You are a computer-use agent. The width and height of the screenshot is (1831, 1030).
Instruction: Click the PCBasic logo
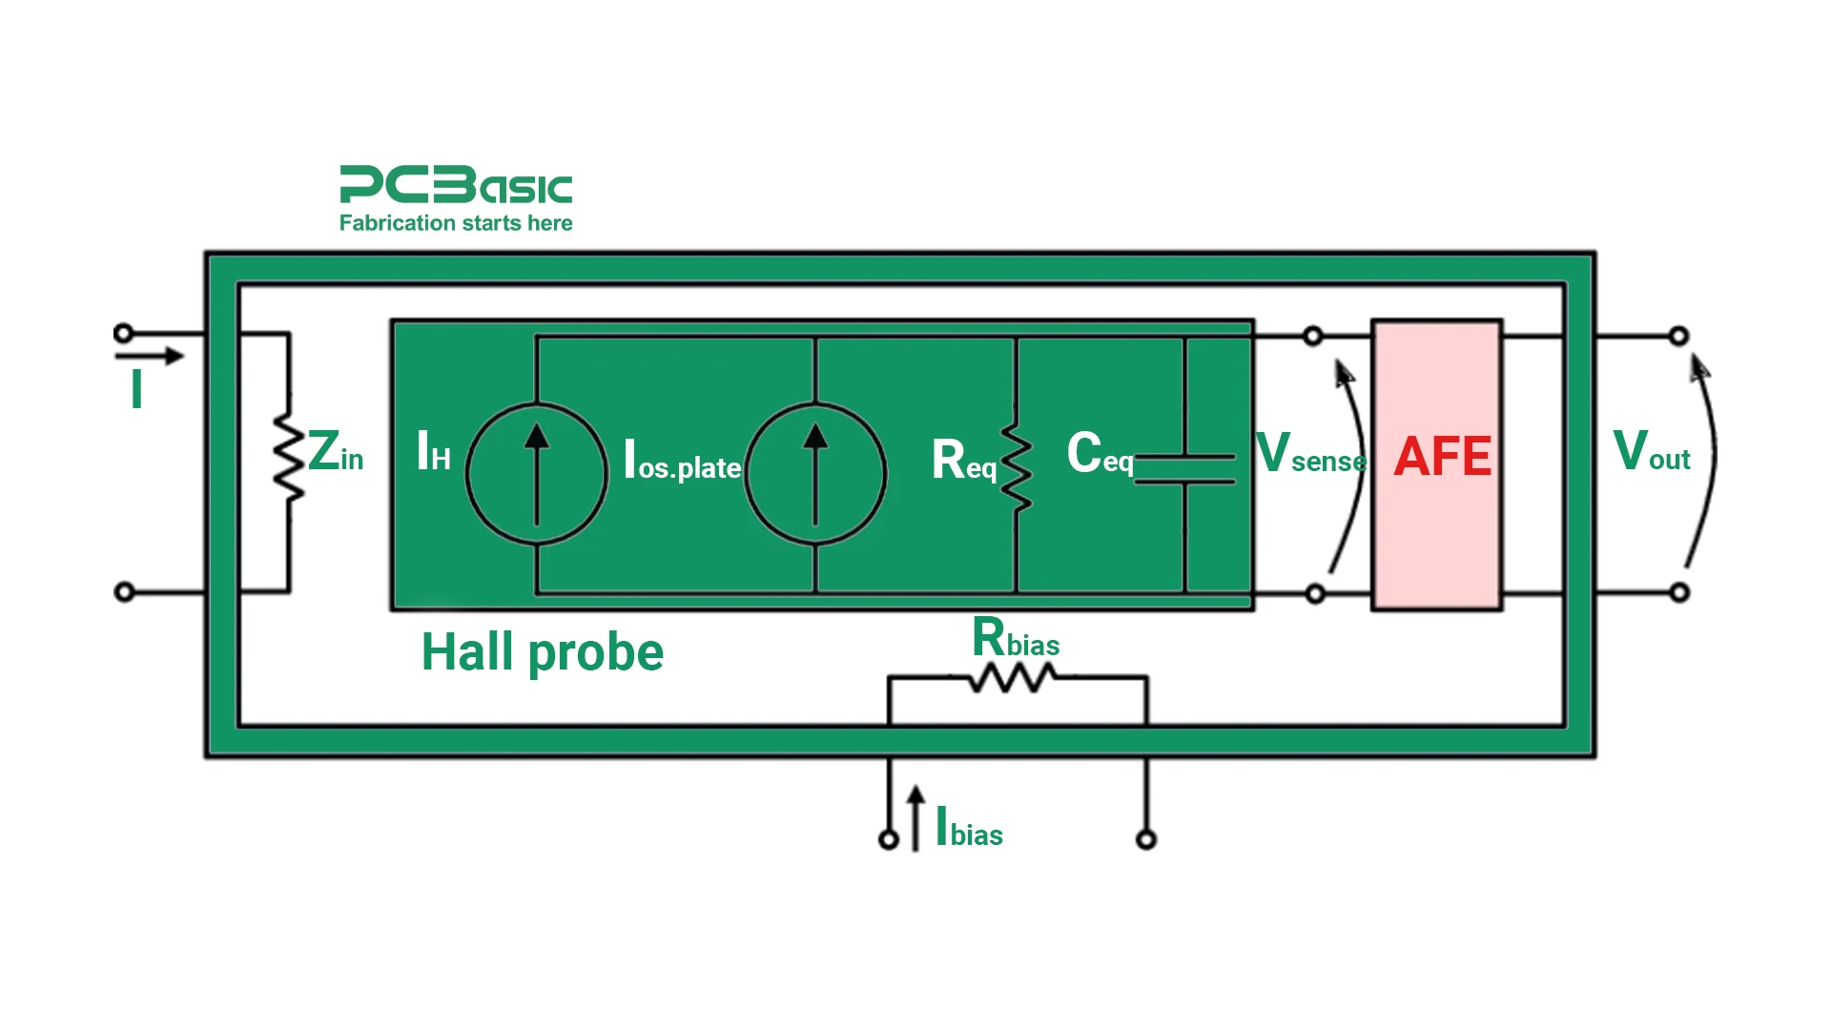tap(456, 185)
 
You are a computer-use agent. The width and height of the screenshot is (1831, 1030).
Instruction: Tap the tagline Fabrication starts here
tap(456, 223)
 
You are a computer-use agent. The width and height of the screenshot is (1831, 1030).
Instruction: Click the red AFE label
tap(1442, 457)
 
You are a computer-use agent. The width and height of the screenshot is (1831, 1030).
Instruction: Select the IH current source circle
tap(537, 473)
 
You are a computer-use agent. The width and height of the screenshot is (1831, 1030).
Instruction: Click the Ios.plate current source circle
tap(815, 473)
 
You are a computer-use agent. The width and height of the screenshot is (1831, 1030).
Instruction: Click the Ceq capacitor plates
tap(1184, 469)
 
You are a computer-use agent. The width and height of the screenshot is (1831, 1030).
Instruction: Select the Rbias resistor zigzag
tap(1013, 678)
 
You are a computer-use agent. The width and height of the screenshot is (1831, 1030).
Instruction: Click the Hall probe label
tap(542, 652)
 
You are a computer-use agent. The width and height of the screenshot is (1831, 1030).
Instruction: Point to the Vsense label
tap(1310, 454)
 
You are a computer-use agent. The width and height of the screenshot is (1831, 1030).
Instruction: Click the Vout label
tap(1651, 452)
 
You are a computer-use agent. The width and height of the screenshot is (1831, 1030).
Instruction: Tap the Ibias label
tap(970, 828)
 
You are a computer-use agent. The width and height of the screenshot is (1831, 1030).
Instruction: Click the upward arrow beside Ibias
tap(915, 817)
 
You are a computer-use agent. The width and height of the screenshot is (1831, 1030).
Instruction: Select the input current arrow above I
tap(149, 357)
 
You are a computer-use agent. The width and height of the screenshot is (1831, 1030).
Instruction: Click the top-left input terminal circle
tap(123, 333)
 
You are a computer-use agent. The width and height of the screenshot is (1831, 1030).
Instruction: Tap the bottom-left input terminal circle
tap(124, 592)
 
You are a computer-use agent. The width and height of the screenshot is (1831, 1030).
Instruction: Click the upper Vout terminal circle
tap(1678, 336)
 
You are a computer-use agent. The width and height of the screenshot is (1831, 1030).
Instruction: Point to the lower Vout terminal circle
tap(1679, 592)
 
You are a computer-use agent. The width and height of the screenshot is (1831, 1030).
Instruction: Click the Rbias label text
tap(1016, 638)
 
